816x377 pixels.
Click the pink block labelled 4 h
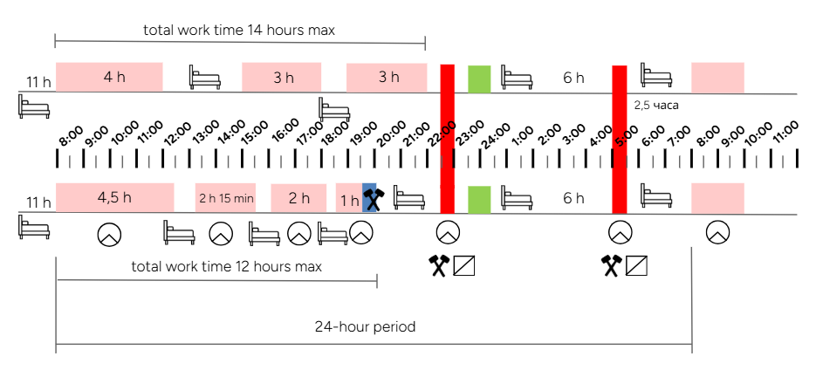tap(109, 77)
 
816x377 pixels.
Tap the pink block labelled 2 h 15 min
tap(225, 198)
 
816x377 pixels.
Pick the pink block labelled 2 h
tap(298, 198)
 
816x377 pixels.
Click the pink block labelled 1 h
tap(348, 200)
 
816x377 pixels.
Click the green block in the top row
tap(479, 78)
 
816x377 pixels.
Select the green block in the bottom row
tap(479, 199)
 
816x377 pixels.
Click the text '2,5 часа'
tap(656, 105)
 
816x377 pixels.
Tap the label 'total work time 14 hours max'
tap(239, 31)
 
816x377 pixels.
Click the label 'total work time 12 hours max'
tap(226, 266)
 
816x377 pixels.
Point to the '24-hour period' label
tap(365, 328)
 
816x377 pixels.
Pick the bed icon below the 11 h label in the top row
tap(33, 107)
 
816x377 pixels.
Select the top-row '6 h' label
tap(573, 78)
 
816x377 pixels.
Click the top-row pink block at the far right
tap(717, 78)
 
